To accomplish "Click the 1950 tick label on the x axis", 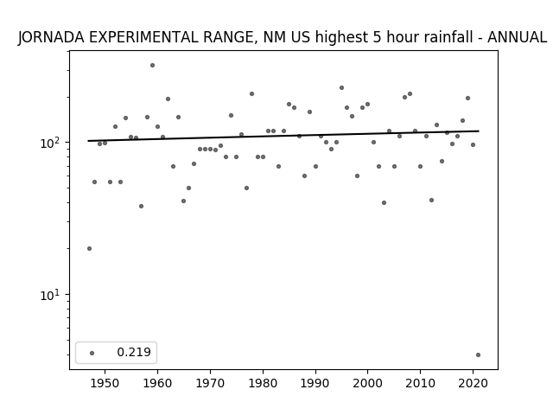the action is [x=105, y=384].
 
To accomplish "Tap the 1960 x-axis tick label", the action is [x=157, y=384].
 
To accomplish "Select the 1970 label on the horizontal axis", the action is [x=210, y=384].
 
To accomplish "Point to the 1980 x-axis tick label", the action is [x=263, y=384].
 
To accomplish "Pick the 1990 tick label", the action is [x=315, y=384].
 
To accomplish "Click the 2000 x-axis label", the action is [x=367, y=384].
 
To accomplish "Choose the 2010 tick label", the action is [x=420, y=384].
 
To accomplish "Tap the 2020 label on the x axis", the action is [x=473, y=384].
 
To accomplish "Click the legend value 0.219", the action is [x=134, y=352].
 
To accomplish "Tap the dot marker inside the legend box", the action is [x=92, y=353].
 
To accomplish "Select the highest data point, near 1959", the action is [x=152, y=66].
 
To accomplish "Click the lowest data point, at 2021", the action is [x=478, y=355].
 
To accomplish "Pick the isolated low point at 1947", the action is [x=89, y=248].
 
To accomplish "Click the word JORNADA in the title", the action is [x=51, y=37].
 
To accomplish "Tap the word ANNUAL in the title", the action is [x=518, y=37].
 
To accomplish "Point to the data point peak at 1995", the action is [x=342, y=88].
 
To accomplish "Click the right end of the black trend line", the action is [x=479, y=131].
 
